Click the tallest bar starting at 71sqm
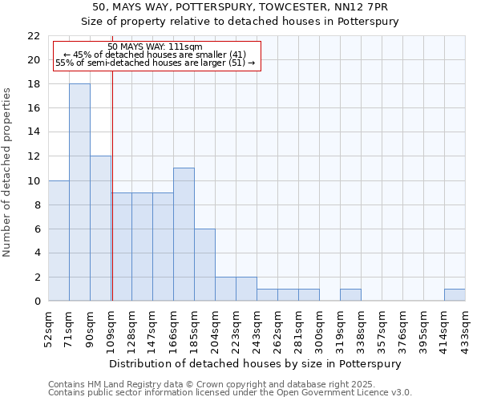tap(79, 192)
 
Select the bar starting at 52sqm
tap(59, 241)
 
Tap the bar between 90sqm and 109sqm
tap(100, 229)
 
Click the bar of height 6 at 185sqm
tap(204, 265)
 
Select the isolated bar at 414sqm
tap(455, 295)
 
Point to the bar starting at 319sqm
tap(350, 295)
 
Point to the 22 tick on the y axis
tap(34, 36)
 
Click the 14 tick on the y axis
tap(34, 132)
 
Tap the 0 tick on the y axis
tap(37, 301)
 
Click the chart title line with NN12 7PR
tap(240, 7)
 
